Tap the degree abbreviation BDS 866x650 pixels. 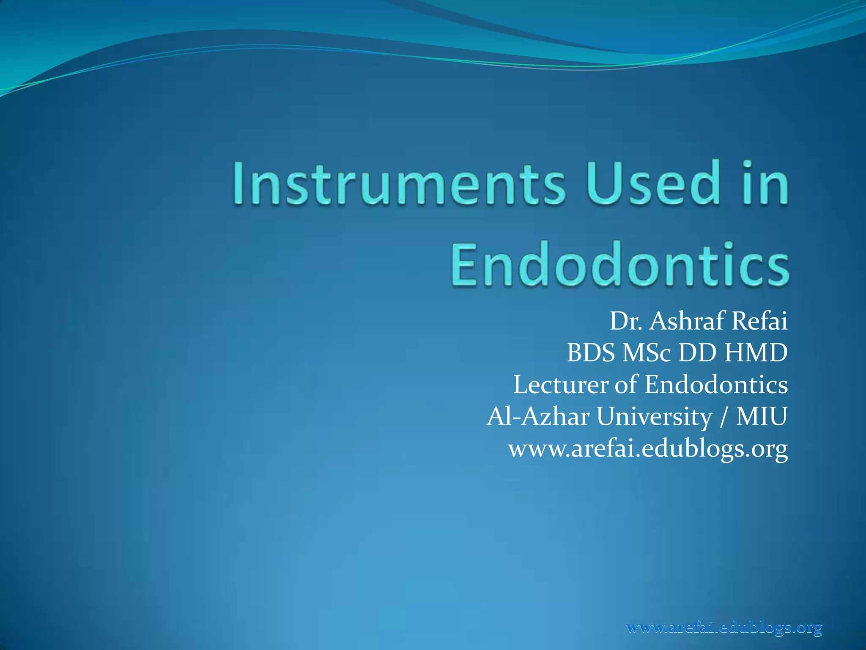click(591, 353)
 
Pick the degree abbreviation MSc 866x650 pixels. click(647, 353)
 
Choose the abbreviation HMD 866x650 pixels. click(756, 353)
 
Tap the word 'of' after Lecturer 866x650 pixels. click(626, 385)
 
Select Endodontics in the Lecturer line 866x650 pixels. click(716, 385)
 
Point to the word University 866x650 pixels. click(655, 417)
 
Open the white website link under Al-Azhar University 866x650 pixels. click(648, 449)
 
